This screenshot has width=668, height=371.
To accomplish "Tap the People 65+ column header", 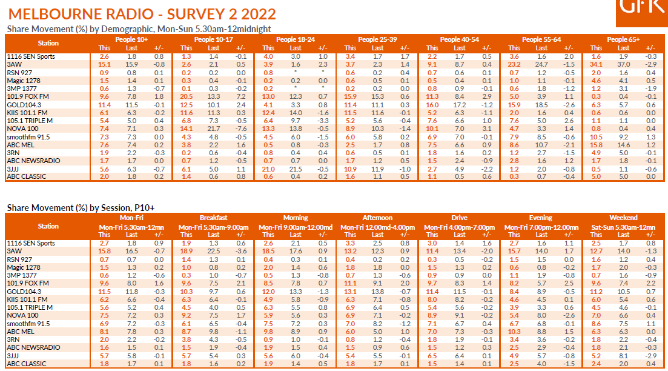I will [x=623, y=39].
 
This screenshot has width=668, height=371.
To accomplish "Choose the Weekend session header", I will [x=623, y=218].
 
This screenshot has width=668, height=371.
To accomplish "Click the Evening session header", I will [x=541, y=218].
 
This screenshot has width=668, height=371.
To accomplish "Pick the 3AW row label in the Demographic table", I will [x=16, y=64].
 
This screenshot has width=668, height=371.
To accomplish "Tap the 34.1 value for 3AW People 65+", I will [x=596, y=64].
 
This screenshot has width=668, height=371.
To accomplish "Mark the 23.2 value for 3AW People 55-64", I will [x=514, y=64].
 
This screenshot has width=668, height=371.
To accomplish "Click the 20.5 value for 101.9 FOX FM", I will [x=187, y=96].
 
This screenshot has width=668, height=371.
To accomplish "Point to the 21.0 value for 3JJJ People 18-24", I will [x=269, y=168].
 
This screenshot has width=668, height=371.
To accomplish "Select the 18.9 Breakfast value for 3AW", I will [x=187, y=251].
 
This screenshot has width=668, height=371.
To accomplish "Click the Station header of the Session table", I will [x=48, y=226].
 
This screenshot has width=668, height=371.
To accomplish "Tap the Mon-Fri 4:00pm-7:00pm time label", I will [x=459, y=227].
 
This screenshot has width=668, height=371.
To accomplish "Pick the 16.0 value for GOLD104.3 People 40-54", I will [x=432, y=104].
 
